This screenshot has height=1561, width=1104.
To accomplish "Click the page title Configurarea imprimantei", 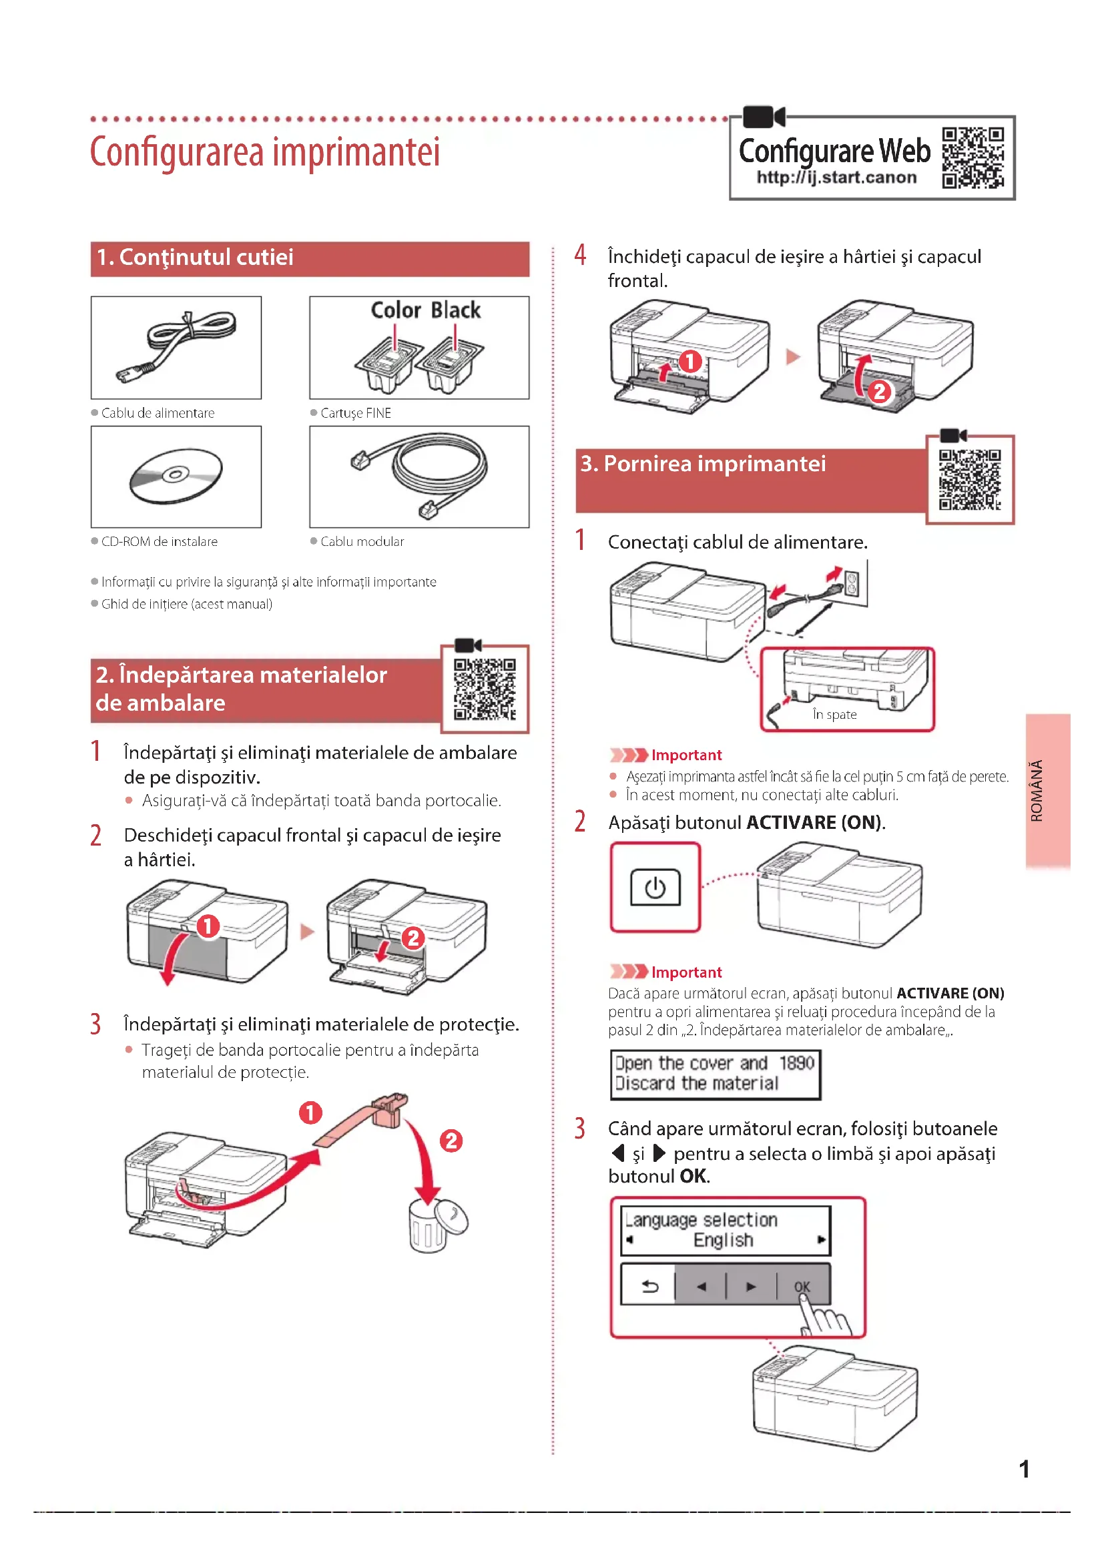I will point(264,151).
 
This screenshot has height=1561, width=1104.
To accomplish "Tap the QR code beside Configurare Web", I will point(973,157).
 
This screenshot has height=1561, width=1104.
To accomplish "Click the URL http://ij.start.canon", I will point(836,178).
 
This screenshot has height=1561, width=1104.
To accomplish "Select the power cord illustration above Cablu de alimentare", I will point(177,346).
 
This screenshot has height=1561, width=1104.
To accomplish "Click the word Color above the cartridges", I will point(396,310).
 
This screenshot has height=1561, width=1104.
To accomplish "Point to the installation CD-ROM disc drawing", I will point(176,475).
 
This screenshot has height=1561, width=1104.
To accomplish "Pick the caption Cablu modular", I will point(362,541).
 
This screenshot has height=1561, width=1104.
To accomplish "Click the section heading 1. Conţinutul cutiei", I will point(195,258).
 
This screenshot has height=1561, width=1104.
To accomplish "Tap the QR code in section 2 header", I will point(485,688).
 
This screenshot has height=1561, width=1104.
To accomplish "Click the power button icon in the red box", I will point(655,887).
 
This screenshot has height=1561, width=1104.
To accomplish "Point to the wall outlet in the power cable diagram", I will point(852,583).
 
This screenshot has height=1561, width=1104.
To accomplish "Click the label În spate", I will point(834,715).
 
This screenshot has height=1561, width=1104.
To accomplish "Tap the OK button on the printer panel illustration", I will point(802,1285).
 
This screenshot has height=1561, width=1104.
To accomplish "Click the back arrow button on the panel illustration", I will point(650,1285).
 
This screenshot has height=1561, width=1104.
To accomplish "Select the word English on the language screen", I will point(723,1240).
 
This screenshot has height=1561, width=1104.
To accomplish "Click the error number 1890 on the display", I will point(796,1062).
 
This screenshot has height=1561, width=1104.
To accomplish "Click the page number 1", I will point(1024,1469).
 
